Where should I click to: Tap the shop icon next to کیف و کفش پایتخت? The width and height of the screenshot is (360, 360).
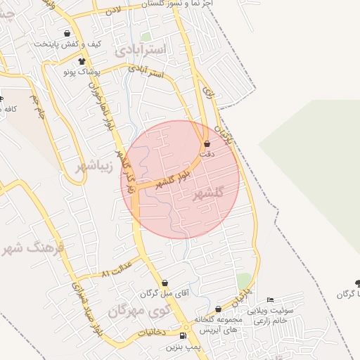(x=67, y=33)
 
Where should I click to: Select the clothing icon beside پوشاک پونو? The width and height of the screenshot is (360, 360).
(x=82, y=62)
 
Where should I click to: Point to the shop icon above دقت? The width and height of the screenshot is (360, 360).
(x=205, y=143)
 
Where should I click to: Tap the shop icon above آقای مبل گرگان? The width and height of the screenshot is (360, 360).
(x=165, y=283)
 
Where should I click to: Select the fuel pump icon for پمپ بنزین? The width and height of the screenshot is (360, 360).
(x=183, y=335)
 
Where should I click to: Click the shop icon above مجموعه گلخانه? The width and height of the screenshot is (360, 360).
(x=218, y=309)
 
